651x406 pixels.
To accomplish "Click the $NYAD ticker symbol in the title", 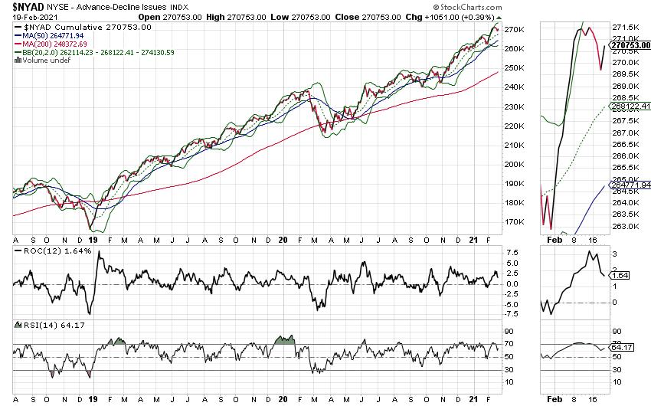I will point(26,6).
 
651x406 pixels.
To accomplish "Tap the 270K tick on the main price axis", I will point(514,29).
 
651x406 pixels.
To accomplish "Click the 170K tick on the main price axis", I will point(514,222).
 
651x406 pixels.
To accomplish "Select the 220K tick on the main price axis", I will point(514,126).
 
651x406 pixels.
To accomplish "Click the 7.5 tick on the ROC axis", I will point(512,252).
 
